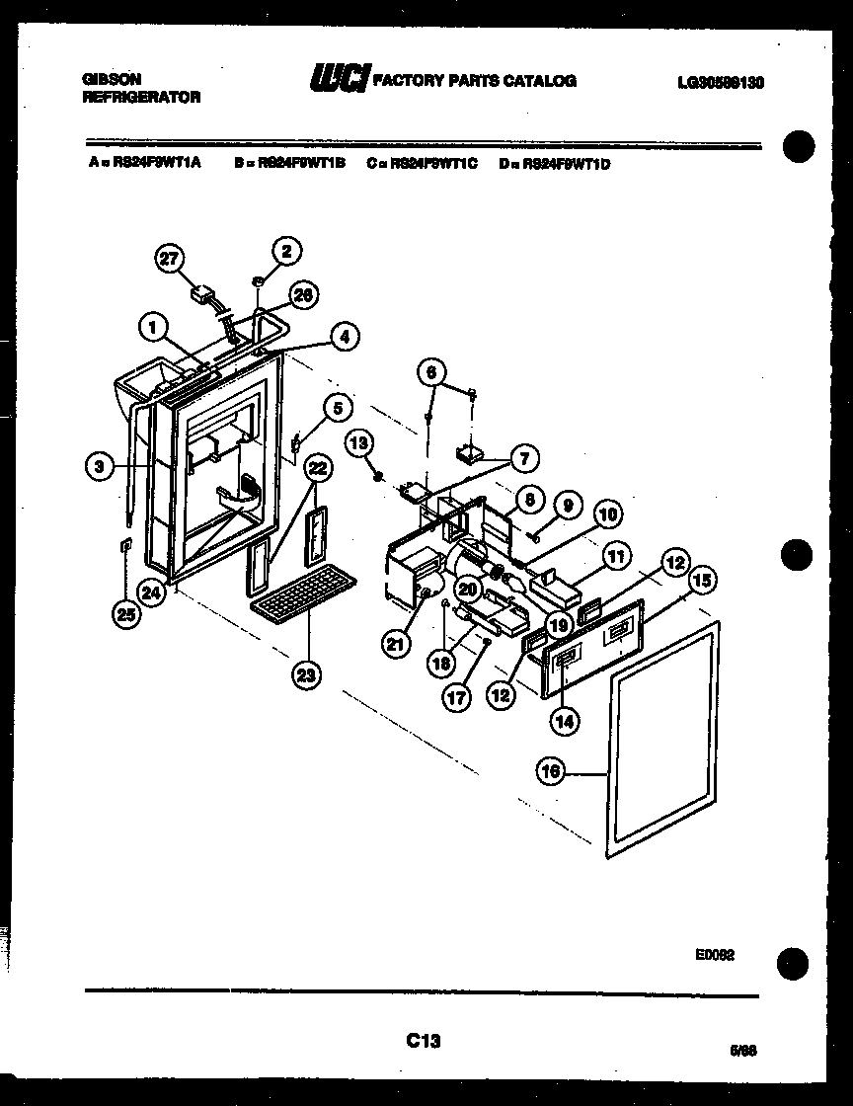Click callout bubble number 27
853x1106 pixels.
[x=170, y=259]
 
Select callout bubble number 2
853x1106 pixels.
[x=286, y=251]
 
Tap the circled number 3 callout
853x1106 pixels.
[x=99, y=466]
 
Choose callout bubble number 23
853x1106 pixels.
[x=305, y=675]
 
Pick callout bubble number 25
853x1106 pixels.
[x=127, y=614]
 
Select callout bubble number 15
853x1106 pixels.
[x=703, y=581]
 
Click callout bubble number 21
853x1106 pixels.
[x=396, y=644]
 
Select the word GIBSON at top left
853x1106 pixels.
[x=112, y=79]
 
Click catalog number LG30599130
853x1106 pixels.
[x=720, y=83]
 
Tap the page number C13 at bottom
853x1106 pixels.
[x=423, y=1040]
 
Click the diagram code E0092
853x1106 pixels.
[x=714, y=956]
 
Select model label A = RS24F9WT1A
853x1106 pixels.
[x=144, y=164]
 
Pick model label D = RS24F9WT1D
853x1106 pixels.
[x=555, y=164]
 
